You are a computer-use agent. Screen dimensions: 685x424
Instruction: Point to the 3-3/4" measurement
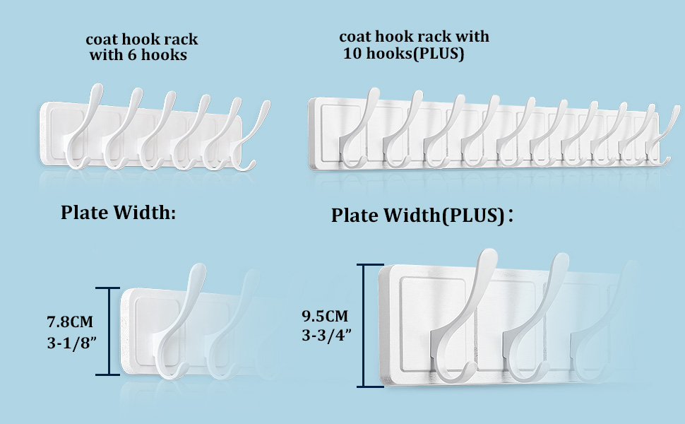[x=326, y=336]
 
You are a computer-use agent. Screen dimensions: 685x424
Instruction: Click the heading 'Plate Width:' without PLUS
[x=118, y=212]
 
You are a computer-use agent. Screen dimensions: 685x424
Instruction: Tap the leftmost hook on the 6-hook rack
[x=79, y=131]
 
